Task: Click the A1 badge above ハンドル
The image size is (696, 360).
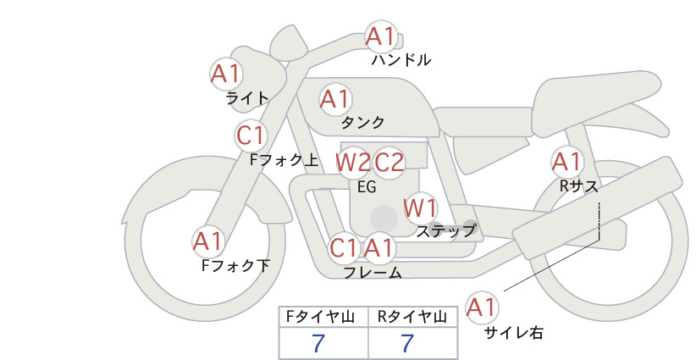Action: (381, 36)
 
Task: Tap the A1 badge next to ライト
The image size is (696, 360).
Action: (226, 74)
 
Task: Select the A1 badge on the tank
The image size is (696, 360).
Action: (335, 99)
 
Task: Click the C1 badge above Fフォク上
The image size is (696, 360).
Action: (251, 136)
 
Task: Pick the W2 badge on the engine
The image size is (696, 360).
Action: (352, 163)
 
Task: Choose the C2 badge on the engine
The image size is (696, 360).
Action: (389, 163)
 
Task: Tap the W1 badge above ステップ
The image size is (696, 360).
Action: (420, 208)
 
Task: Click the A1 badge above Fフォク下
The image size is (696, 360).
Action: (207, 241)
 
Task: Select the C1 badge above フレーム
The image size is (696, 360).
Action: (344, 247)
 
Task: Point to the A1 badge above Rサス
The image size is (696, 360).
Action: (566, 162)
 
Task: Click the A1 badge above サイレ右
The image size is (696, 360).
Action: (482, 307)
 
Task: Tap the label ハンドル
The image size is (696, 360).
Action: (401, 59)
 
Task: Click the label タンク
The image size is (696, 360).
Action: (362, 122)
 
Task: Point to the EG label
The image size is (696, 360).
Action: (367, 187)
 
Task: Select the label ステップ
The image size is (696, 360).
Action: (445, 231)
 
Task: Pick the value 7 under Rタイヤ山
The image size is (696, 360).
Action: (407, 343)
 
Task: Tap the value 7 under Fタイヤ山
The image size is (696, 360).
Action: (318, 343)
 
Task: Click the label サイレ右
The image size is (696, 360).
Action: (513, 333)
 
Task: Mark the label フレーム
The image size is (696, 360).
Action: (373, 273)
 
